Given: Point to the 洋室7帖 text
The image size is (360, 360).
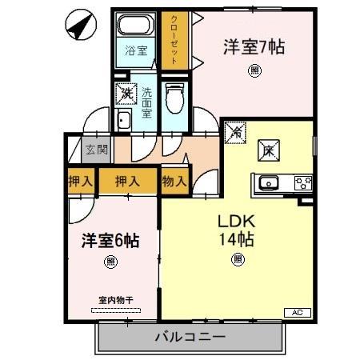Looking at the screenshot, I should (x=254, y=46).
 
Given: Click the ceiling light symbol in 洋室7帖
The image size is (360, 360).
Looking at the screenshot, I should (x=254, y=70).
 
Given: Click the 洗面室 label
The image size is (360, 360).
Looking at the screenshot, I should (x=147, y=102).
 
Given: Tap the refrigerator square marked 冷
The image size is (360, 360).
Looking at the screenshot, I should (x=235, y=131).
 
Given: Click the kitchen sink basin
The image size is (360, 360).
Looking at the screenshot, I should (x=268, y=182).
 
